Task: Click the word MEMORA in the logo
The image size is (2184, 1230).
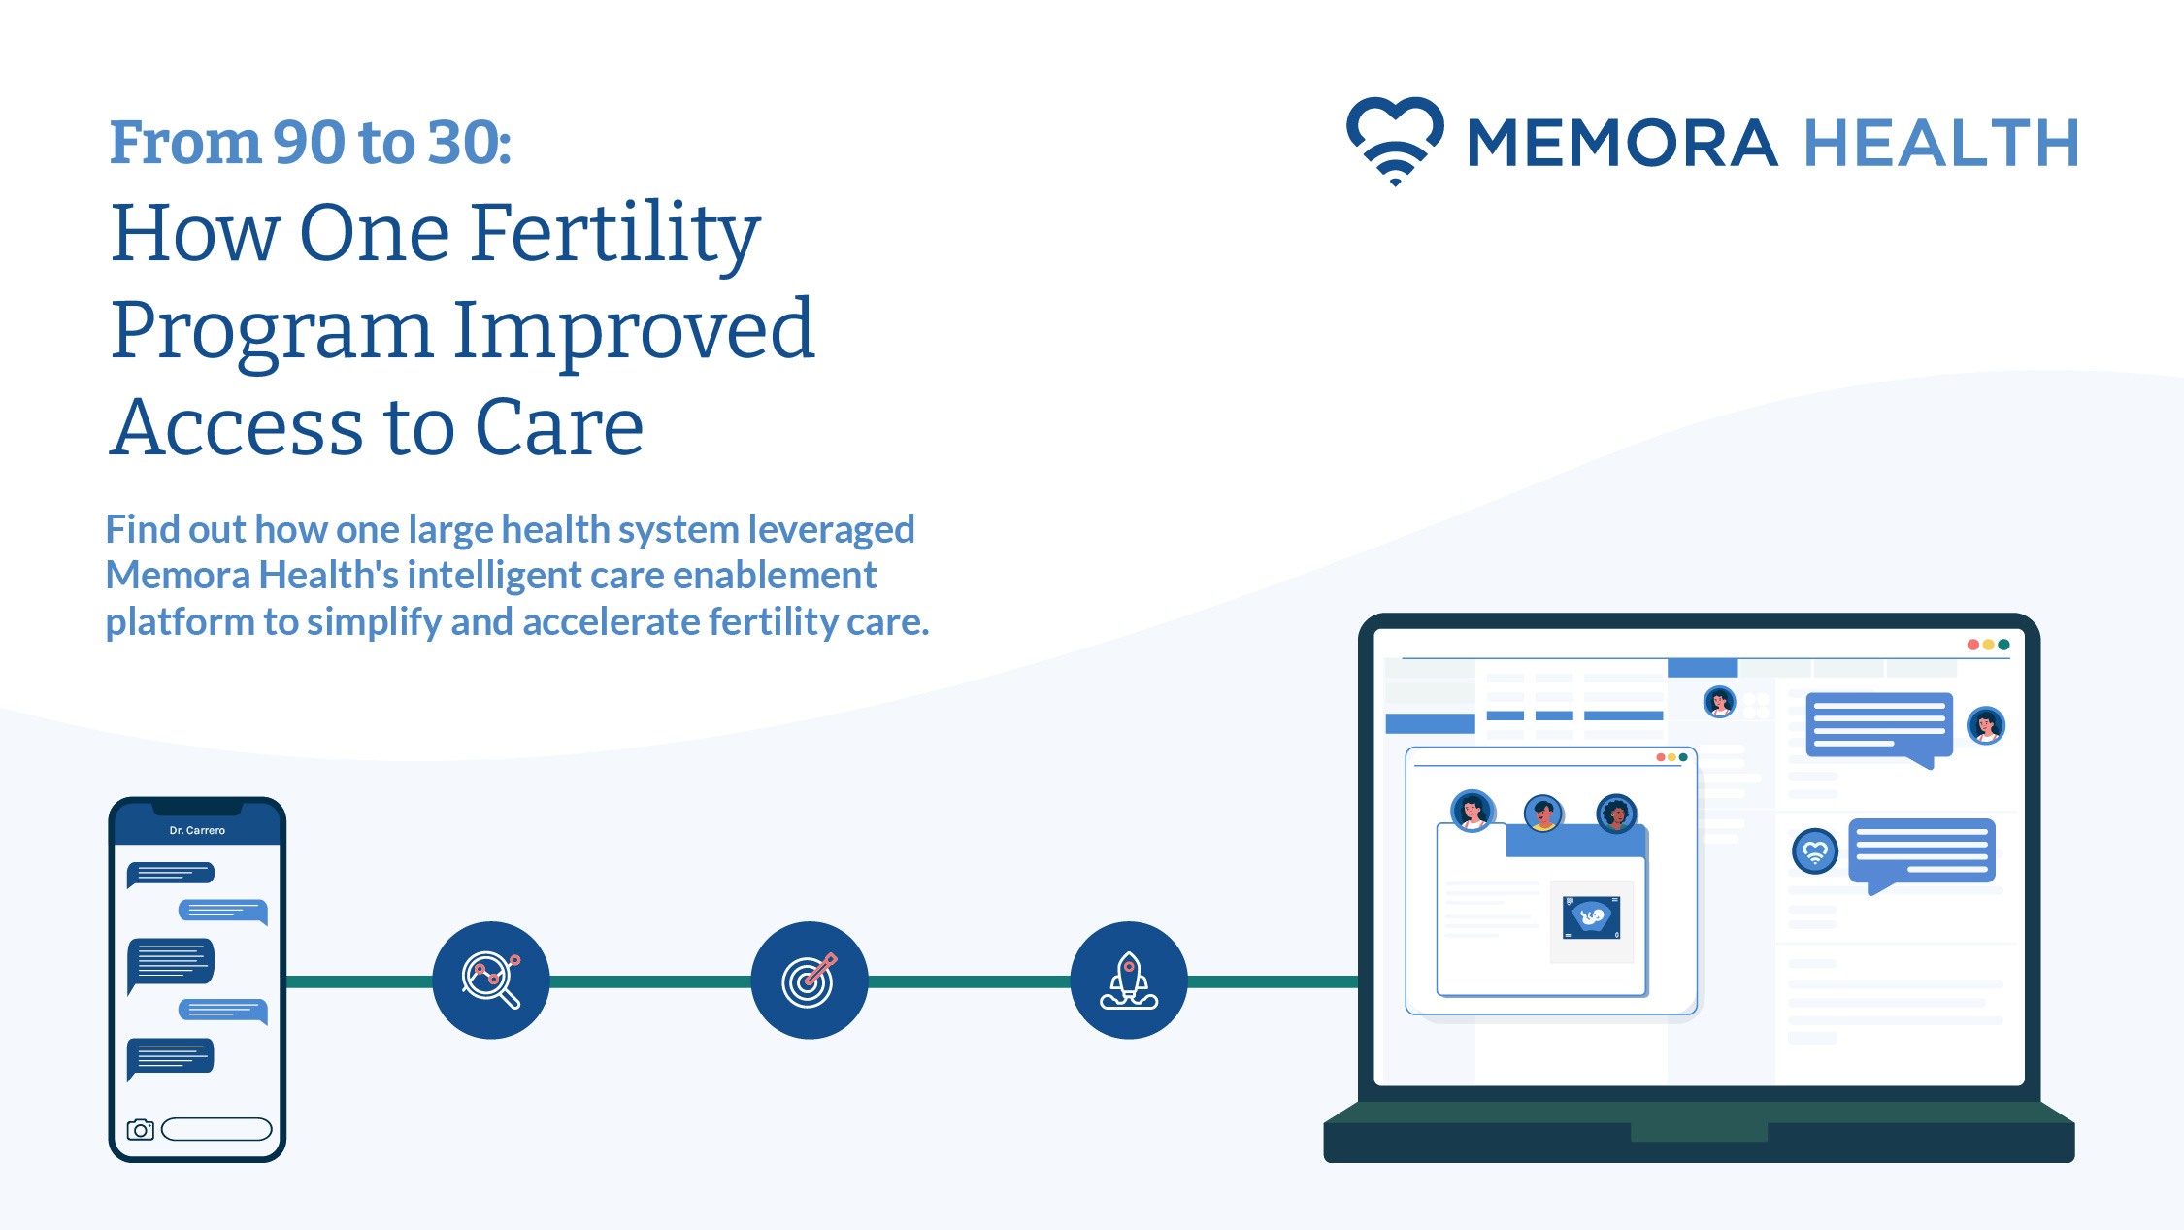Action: (x=1623, y=143)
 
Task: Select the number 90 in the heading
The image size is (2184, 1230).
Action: (x=310, y=142)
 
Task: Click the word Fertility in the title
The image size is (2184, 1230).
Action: (x=615, y=236)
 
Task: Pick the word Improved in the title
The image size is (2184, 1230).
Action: (x=633, y=332)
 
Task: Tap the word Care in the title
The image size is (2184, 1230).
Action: (x=559, y=427)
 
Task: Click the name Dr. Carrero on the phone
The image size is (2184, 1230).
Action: (x=197, y=830)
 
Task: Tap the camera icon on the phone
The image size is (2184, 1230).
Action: (x=141, y=1129)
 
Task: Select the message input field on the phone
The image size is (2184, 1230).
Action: (x=216, y=1129)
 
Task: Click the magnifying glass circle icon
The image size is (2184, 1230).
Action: (x=491, y=981)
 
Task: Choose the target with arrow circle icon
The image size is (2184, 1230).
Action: (x=810, y=981)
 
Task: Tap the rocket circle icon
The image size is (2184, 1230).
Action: (x=1129, y=981)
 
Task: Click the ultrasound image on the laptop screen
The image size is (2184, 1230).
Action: (x=1592, y=917)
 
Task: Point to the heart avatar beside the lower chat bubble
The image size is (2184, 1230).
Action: (x=1815, y=851)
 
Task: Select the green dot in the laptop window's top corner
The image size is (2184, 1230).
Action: (x=2003, y=645)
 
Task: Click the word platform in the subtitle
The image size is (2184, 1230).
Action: (x=180, y=622)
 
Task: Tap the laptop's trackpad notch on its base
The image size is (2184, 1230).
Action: (x=1699, y=1132)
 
